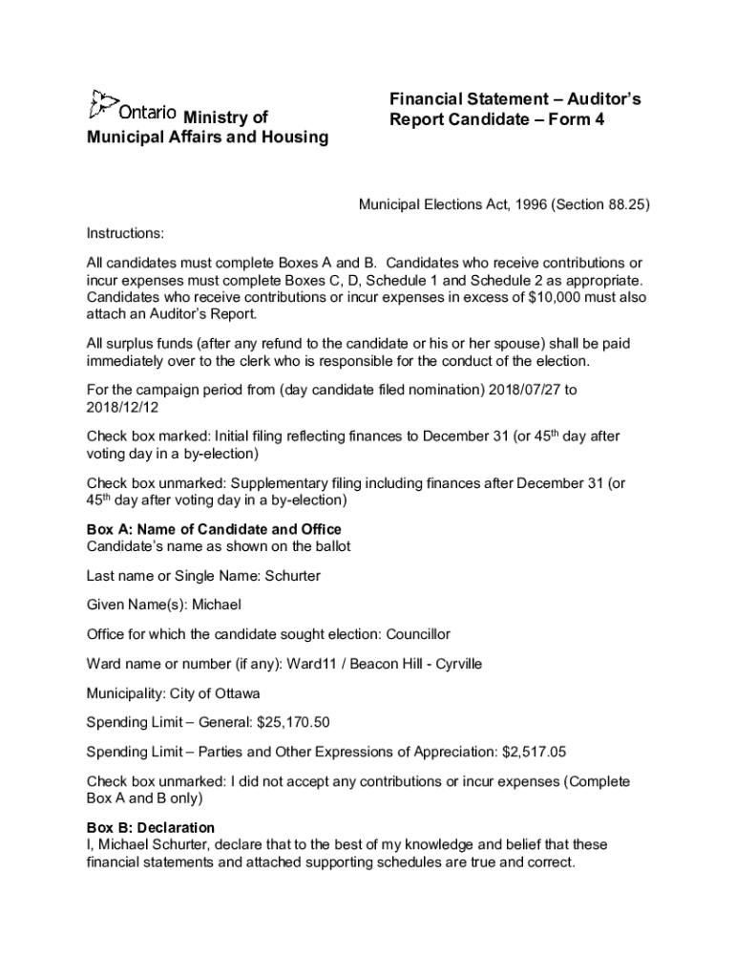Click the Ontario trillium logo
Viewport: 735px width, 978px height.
[102, 104]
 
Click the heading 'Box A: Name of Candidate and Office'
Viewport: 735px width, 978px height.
[214, 529]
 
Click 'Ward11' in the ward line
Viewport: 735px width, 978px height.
[314, 664]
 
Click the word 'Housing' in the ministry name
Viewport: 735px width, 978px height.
[292, 138]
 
